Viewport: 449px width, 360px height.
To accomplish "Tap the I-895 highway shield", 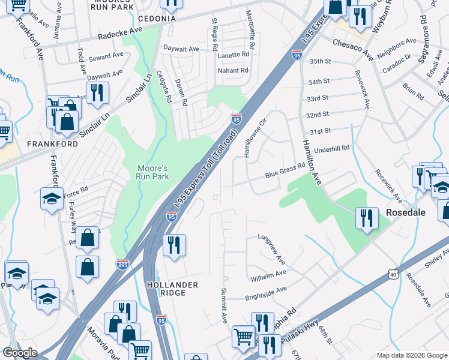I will tap(122, 264).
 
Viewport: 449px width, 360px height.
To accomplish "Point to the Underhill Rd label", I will tap(331, 148).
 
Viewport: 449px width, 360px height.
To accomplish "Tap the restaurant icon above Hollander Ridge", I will tap(174, 245).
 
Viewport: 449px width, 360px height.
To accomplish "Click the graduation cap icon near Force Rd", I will tap(52, 198).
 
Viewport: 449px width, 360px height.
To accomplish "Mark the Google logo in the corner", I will tap(20, 353).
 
